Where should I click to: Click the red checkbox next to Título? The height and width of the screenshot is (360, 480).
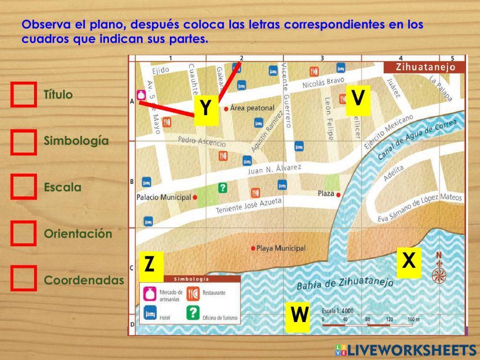[23, 95]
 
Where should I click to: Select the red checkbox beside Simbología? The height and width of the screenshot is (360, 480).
[23, 142]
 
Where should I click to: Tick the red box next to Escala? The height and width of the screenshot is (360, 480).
[23, 187]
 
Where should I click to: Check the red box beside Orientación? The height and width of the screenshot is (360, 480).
[23, 234]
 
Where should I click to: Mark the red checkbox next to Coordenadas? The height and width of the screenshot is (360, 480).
[23, 279]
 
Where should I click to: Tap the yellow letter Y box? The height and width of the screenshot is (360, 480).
[206, 108]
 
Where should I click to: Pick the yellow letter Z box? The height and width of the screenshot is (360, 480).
[150, 264]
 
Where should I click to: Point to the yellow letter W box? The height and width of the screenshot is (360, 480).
[298, 316]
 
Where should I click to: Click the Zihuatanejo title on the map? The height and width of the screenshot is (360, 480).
[426, 67]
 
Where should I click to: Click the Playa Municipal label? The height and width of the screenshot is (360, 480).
[281, 248]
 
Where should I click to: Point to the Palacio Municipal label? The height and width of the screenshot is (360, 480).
[164, 197]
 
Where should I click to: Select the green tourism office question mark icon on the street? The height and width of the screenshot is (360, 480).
[222, 188]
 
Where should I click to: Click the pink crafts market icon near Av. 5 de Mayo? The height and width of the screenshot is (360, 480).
[141, 95]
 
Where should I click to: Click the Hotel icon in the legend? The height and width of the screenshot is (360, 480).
[150, 313]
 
